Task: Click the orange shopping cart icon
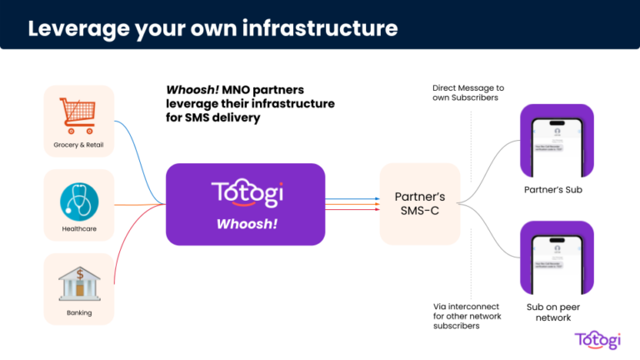78,117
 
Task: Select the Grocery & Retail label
78,145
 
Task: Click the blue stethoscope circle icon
78,201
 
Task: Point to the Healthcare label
78,228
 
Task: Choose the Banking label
78,312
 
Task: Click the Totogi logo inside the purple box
245,193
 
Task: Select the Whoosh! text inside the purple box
245,224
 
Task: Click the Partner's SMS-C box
419,203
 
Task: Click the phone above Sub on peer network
549,257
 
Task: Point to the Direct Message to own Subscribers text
469,93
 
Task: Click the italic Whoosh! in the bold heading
193,89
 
